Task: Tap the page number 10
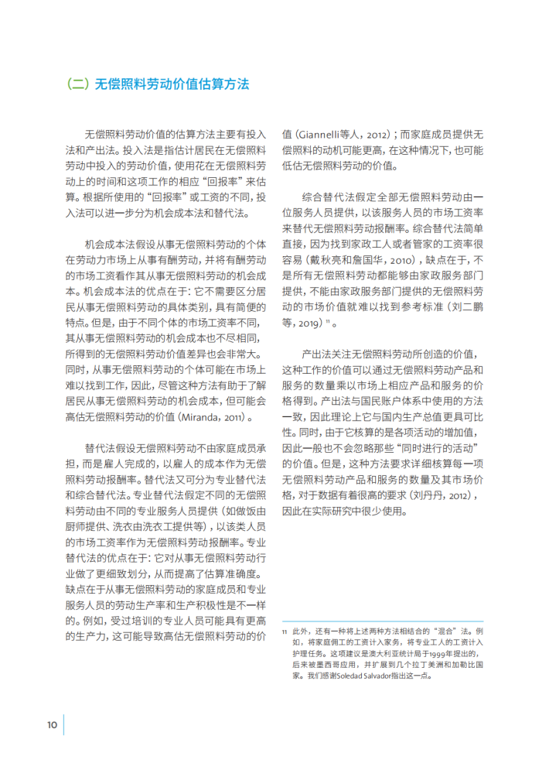coord(52,724)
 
